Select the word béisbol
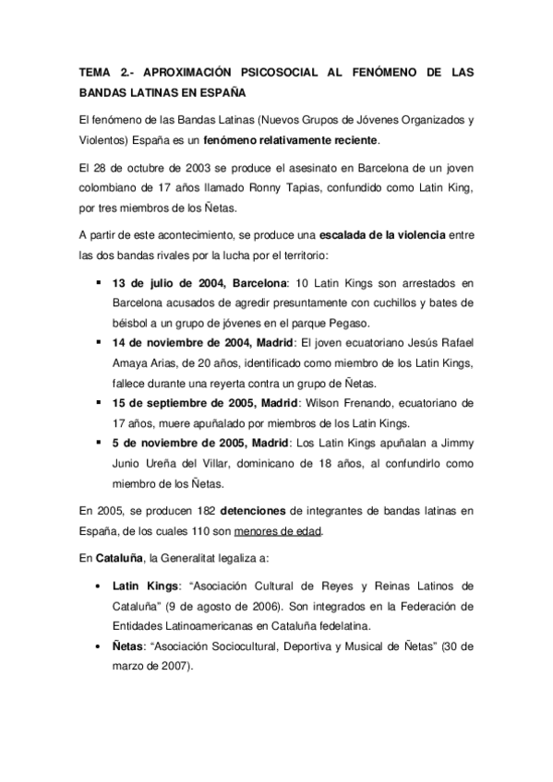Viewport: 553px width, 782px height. tap(130, 323)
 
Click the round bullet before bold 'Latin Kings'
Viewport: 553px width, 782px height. tap(97, 586)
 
